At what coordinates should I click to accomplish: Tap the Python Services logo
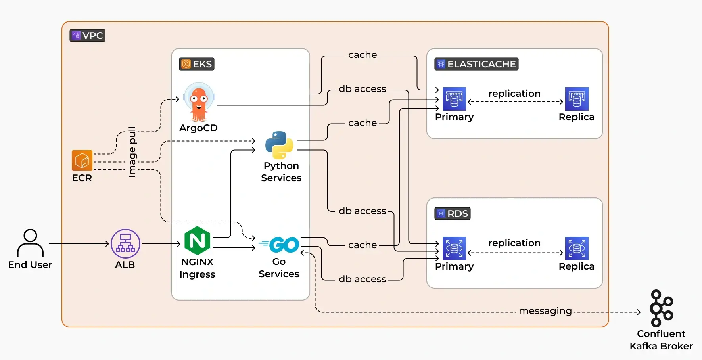(x=279, y=145)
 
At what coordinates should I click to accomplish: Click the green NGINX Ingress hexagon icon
(x=197, y=241)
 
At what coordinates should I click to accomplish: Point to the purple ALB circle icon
(x=125, y=243)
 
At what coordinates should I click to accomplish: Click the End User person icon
(x=30, y=243)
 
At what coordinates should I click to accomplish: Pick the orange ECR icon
(x=82, y=161)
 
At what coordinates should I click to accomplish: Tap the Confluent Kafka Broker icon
(x=661, y=308)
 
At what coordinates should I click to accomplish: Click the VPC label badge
(x=87, y=36)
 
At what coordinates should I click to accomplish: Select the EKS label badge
(x=197, y=64)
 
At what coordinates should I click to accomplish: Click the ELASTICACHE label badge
(x=476, y=64)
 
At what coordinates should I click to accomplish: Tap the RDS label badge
(x=453, y=214)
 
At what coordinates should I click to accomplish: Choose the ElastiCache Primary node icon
(x=454, y=99)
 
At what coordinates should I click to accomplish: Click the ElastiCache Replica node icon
(x=577, y=99)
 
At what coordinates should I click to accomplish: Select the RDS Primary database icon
(x=454, y=248)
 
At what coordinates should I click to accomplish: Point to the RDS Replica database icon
(x=577, y=248)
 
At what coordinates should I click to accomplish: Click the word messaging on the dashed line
(x=545, y=311)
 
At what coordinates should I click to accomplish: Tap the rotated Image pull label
(x=132, y=152)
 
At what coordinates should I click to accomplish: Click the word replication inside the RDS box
(x=514, y=243)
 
